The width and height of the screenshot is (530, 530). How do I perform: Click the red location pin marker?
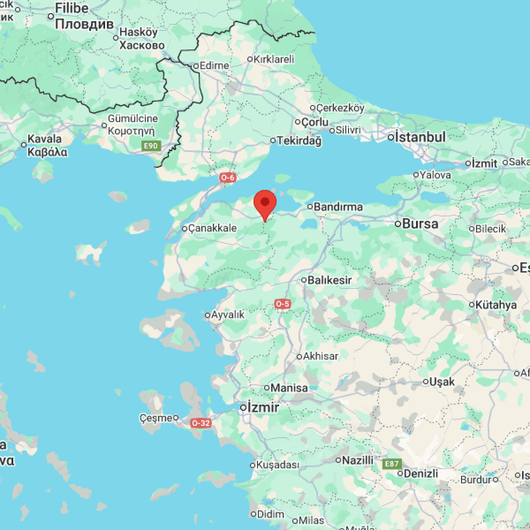(265, 204)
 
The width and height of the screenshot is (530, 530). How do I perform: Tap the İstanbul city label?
(420, 137)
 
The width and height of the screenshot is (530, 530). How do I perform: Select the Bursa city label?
(420, 223)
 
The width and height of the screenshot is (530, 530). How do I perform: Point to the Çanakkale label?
(212, 228)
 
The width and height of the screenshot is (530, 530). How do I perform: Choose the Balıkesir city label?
(329, 280)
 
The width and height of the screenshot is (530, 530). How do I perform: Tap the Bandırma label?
(338, 206)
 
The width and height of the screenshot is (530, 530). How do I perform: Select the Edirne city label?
(214, 66)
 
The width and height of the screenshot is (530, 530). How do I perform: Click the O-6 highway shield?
(228, 178)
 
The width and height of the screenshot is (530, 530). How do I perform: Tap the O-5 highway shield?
(283, 304)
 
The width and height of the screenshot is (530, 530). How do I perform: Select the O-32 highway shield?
(201, 423)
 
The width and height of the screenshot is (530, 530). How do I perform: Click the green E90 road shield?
(150, 146)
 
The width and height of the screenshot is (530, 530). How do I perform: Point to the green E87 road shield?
(392, 464)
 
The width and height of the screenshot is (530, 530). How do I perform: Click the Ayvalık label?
(227, 315)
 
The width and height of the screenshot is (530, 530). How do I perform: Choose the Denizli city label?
(420, 473)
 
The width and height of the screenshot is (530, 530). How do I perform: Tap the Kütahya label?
(496, 305)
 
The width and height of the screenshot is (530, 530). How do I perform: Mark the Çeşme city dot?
(176, 417)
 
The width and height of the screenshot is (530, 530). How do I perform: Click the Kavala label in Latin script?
(45, 139)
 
